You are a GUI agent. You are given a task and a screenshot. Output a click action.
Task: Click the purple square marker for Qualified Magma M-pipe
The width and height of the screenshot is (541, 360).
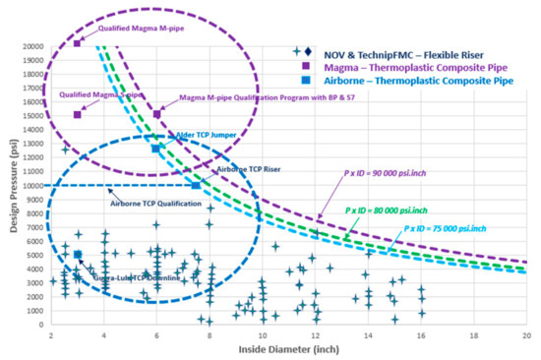point(78,43)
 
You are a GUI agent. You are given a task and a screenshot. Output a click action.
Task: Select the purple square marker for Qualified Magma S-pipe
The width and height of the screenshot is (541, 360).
point(78,114)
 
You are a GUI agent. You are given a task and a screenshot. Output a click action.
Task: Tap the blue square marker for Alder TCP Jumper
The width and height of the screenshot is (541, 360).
point(156,149)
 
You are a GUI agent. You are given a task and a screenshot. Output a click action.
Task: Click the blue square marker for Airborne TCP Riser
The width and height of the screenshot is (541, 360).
point(196,185)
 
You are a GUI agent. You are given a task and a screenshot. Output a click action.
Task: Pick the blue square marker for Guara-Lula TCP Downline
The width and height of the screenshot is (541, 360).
point(78,255)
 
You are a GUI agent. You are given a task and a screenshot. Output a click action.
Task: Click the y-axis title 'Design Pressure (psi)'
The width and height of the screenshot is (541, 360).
point(11,184)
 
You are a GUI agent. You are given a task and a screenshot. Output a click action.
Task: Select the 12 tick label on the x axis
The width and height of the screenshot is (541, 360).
point(315,335)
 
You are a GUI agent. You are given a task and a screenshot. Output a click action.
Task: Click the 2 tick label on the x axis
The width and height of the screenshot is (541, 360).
point(50,335)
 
